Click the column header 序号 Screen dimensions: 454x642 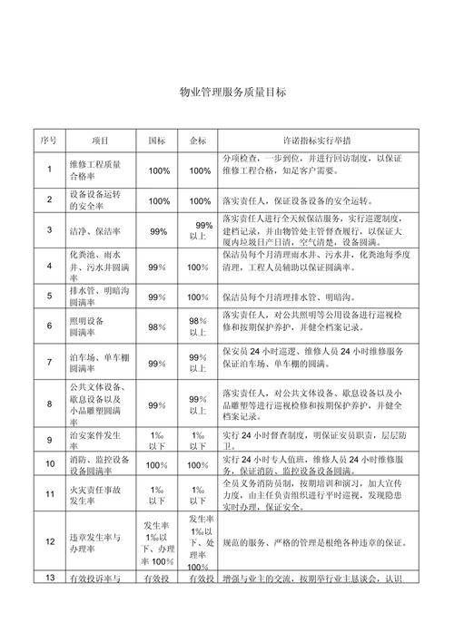[x=49, y=141]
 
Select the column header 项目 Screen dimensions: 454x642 [x=100, y=141]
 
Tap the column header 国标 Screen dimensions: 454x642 [x=157, y=141]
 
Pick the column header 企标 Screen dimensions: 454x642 [x=199, y=141]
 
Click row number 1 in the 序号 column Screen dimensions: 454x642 [x=49, y=170]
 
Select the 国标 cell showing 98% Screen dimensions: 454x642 [x=157, y=326]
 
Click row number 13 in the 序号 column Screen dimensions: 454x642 [x=49, y=579]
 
